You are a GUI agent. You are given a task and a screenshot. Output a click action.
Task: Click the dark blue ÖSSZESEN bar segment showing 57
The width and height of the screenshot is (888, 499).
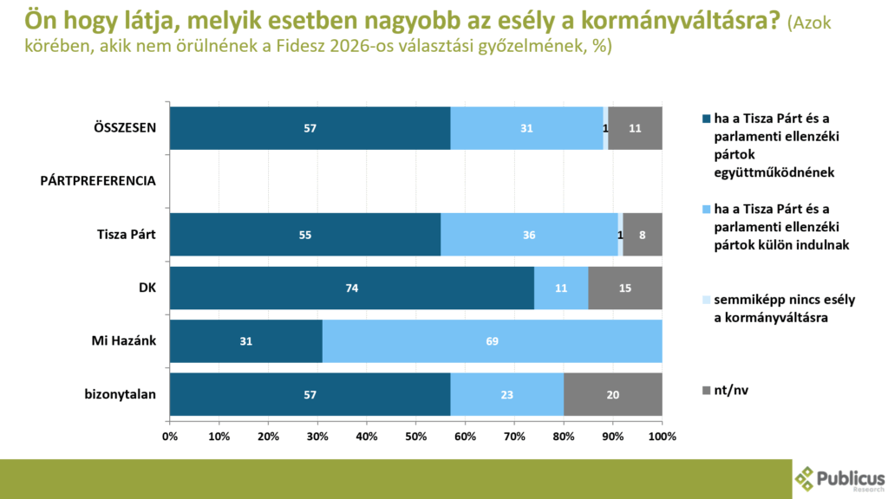click(x=310, y=128)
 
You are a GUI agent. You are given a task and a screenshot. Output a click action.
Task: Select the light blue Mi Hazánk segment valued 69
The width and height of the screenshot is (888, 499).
click(x=492, y=341)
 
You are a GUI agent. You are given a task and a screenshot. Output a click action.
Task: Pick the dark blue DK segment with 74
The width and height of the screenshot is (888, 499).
click(x=351, y=288)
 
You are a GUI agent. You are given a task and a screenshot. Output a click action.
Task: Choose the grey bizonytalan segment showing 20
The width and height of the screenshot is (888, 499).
click(x=612, y=395)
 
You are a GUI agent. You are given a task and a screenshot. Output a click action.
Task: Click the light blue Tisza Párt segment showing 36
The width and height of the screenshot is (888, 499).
click(x=529, y=235)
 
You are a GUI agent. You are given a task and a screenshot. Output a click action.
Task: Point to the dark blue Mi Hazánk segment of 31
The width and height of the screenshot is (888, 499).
click(x=245, y=341)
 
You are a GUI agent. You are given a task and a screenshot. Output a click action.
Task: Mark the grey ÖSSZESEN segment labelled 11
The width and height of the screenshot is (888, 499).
click(x=635, y=128)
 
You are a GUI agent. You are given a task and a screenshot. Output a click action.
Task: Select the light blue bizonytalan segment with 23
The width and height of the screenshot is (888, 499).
click(x=506, y=395)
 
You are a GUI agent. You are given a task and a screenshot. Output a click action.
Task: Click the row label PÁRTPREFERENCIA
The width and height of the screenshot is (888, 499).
click(x=98, y=181)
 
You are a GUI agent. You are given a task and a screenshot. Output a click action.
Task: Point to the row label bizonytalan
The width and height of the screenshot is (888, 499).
click(x=121, y=395)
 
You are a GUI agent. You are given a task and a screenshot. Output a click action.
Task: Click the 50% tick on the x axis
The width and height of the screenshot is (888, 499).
click(x=416, y=435)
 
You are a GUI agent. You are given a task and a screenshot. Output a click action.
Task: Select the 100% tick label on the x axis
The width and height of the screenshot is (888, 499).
click(x=662, y=435)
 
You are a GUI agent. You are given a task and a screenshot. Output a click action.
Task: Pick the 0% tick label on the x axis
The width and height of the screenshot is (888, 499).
click(x=170, y=435)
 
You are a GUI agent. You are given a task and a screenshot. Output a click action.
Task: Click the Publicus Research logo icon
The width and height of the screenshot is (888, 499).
click(x=806, y=478)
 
